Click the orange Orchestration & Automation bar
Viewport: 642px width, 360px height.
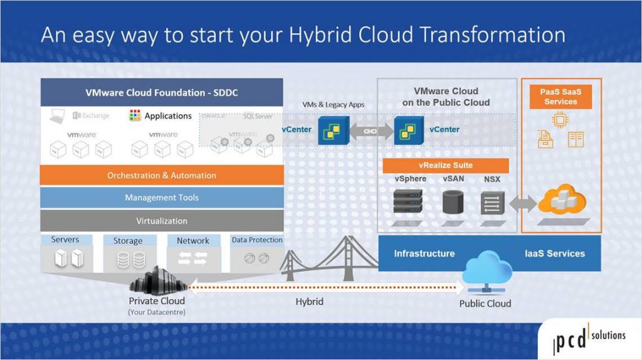tap(161, 175)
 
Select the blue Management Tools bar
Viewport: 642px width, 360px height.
tap(161, 198)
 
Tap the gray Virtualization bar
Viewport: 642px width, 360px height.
tap(161, 221)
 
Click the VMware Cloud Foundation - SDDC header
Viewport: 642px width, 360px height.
tap(161, 93)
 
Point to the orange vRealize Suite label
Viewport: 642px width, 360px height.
tap(445, 165)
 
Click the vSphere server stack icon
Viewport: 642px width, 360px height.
tap(410, 201)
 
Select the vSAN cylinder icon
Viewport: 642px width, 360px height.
tap(453, 203)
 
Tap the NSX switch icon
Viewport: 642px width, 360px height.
tap(492, 204)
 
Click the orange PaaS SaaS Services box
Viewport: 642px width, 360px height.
tap(560, 97)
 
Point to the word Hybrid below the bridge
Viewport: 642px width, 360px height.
tap(309, 302)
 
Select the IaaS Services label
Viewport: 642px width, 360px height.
tap(554, 253)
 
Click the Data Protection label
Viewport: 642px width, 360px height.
tap(257, 240)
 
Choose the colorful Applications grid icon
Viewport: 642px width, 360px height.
tap(135, 116)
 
